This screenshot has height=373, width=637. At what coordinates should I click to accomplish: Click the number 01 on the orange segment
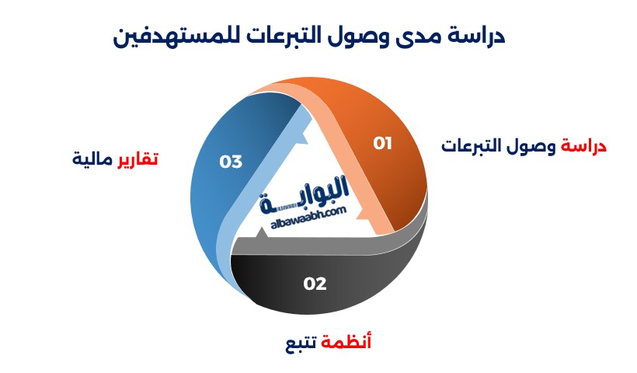[383, 144]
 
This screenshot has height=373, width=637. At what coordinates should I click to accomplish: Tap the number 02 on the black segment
[315, 284]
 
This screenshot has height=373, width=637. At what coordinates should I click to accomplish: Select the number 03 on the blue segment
[231, 162]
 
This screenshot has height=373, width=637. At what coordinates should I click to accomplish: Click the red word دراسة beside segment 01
[583, 146]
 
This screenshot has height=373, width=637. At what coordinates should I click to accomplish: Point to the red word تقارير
[137, 159]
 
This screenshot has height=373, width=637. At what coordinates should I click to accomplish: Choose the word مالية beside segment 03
[92, 159]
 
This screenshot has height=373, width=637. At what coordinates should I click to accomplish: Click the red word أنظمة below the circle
[346, 342]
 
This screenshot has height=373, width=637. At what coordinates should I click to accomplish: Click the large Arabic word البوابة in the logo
[305, 194]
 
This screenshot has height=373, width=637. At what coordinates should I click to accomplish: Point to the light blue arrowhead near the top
[301, 138]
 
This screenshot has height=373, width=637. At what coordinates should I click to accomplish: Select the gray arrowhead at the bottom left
[261, 233]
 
